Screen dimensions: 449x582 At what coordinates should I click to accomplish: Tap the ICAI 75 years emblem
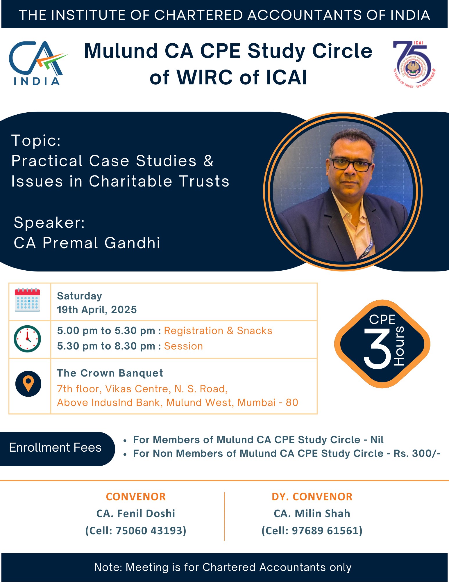(414, 65)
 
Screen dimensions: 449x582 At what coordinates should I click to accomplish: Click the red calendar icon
(27, 300)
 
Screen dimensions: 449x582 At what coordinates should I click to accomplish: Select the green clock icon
(27, 339)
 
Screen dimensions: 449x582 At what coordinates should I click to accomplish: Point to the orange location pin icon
(28, 384)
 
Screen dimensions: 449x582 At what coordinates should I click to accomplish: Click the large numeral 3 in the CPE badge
(378, 349)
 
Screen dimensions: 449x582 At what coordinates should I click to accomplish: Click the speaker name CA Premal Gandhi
(87, 243)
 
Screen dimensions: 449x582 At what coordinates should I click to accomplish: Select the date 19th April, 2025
(97, 310)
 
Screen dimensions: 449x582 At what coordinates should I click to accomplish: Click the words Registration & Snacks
(218, 331)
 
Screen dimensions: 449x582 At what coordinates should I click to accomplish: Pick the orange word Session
(183, 346)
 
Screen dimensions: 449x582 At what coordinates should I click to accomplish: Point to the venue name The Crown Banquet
(110, 373)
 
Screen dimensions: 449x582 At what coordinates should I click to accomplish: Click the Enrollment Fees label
(55, 447)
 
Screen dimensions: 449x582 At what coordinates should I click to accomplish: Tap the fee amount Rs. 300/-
(417, 453)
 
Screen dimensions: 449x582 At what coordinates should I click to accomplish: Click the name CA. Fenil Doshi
(136, 514)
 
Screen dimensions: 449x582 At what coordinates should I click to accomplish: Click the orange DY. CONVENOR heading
(312, 497)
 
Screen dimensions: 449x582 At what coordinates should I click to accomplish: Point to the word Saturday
(79, 296)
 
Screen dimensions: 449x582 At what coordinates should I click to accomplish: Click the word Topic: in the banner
(36, 141)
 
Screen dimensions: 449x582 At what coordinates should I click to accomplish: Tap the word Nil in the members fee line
(377, 440)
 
